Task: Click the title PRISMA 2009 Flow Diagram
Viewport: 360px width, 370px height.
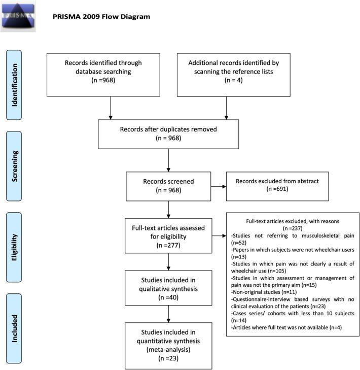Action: [101, 17]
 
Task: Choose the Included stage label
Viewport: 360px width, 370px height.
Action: [20, 328]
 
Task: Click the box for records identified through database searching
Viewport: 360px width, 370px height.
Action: [110, 71]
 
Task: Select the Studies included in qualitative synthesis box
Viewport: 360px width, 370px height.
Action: [168, 288]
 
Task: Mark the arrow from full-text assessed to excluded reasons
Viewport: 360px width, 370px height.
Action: [219, 236]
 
